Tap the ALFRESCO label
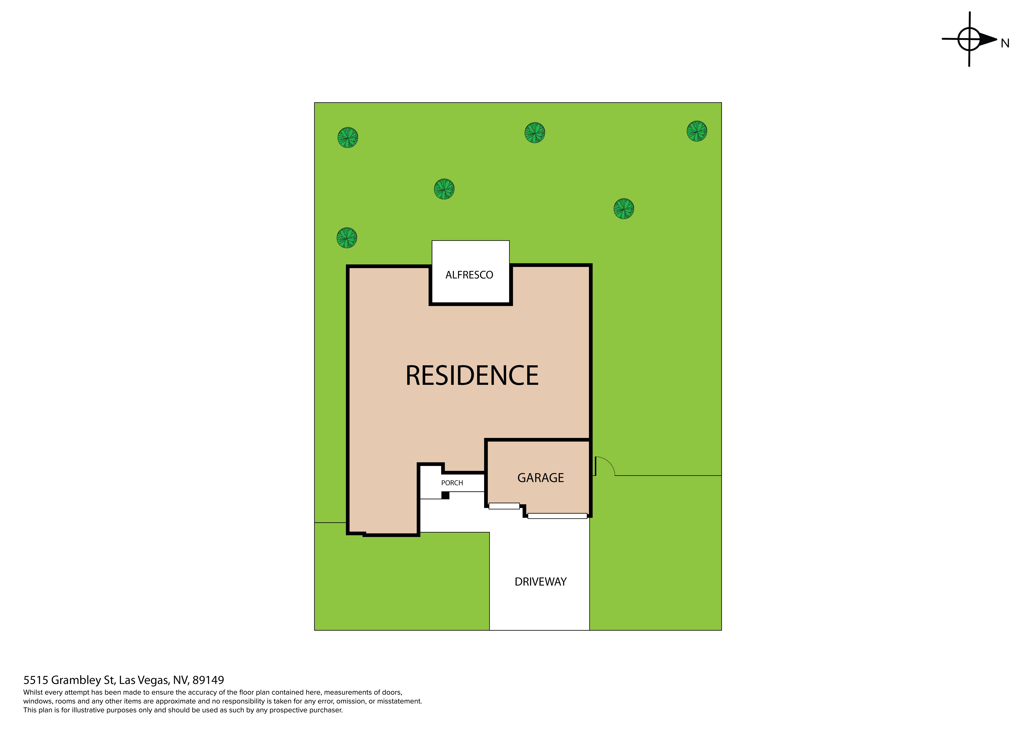click(469, 275)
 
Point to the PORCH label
click(452, 483)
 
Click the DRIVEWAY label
click(541, 582)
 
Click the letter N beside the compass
click(1005, 43)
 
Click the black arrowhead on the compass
click(988, 40)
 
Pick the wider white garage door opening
click(557, 516)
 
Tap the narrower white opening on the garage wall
click(504, 506)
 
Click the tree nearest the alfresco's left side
click(444, 189)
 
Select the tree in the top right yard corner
click(697, 131)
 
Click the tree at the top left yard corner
click(348, 138)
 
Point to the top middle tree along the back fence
click(535, 133)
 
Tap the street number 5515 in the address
click(36, 680)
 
